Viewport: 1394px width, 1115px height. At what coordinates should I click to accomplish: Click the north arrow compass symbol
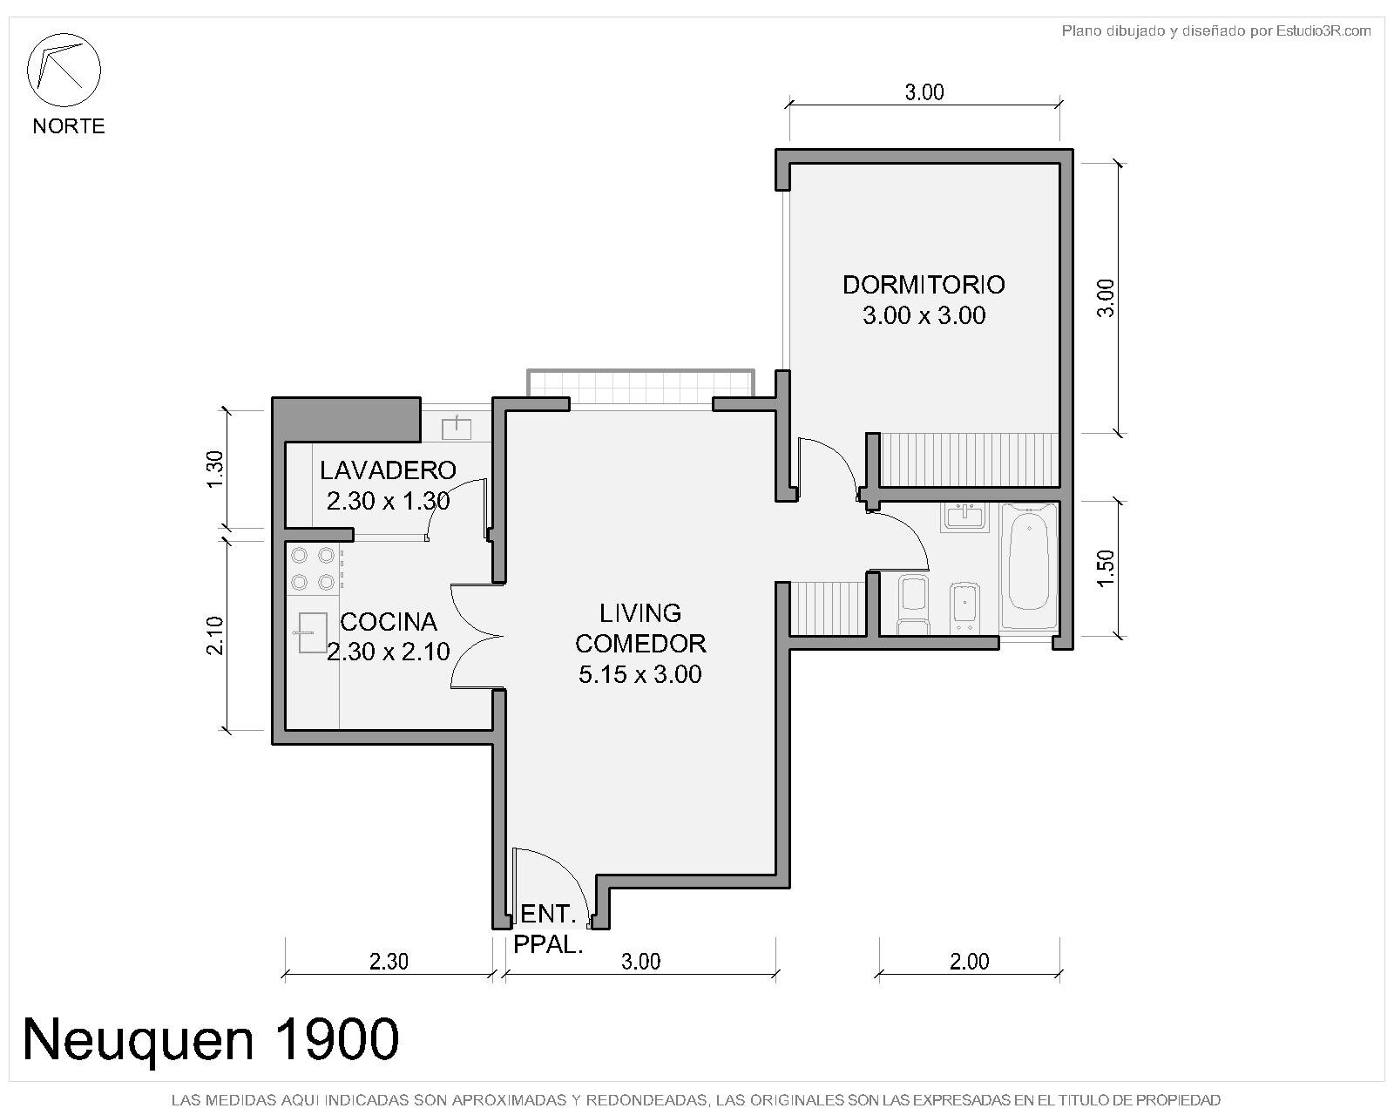(64, 70)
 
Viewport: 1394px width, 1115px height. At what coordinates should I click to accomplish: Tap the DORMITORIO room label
(924, 285)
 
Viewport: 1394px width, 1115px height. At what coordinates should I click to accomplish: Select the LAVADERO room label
(388, 470)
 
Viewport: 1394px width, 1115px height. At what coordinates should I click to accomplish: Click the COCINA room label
(389, 622)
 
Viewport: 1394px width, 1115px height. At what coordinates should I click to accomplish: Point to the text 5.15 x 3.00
(640, 674)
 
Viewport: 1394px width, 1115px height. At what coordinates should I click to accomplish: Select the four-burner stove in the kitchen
(313, 569)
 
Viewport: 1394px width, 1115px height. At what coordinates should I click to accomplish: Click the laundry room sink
(457, 428)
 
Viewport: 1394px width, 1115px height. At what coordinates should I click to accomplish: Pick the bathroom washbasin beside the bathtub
(965, 517)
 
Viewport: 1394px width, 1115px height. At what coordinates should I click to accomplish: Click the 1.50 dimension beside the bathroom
(1107, 568)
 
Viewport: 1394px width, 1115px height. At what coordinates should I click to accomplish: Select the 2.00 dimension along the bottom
(969, 962)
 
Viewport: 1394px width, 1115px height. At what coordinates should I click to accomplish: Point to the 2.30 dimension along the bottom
(389, 962)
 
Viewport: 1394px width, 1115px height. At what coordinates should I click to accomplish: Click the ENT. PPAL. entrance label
(548, 929)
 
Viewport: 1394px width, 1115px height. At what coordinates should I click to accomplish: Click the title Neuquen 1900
(211, 1040)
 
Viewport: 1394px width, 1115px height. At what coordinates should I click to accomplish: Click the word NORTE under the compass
(69, 125)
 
